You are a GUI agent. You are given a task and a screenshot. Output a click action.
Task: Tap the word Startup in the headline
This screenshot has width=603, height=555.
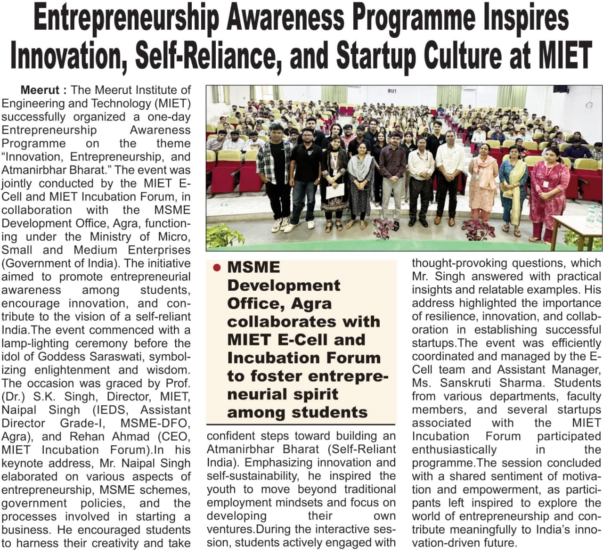click(x=375, y=55)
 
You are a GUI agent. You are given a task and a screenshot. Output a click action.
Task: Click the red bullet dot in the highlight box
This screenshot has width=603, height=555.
click(x=217, y=268)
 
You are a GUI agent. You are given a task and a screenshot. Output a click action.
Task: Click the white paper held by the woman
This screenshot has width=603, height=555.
click(x=335, y=190)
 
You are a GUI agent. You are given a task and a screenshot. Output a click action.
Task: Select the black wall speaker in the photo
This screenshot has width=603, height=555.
click(x=560, y=89)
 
